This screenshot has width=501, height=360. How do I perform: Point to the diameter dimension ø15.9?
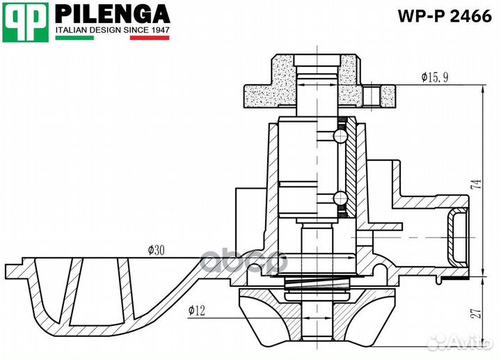(x=434, y=77)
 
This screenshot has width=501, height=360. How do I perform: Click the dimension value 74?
(x=475, y=185)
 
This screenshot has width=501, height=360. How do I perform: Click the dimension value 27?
(x=475, y=313)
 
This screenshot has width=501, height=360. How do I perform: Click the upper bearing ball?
(x=340, y=135)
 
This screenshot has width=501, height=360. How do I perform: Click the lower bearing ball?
(x=340, y=198)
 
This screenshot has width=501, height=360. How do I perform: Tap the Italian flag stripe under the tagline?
(x=111, y=38)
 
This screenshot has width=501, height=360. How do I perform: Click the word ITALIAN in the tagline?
(x=71, y=31)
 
